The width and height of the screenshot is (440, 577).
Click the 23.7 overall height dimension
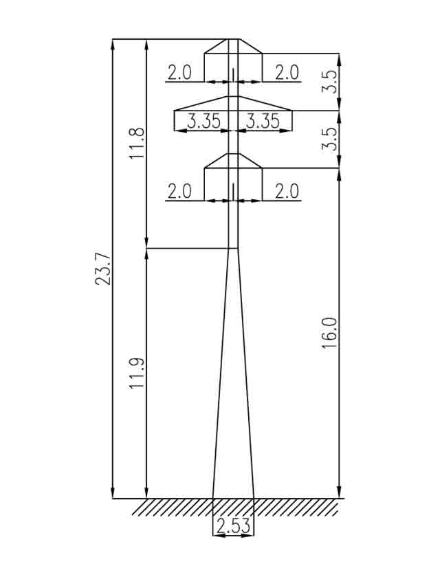click(x=104, y=269)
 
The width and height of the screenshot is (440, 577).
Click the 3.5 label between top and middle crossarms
click(x=331, y=82)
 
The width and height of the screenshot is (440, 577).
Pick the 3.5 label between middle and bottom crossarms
click(x=331, y=139)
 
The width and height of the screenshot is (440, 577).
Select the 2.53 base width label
click(x=233, y=527)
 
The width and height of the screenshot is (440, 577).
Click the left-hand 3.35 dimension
click(x=204, y=122)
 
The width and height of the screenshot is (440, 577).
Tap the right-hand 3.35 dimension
click(x=263, y=122)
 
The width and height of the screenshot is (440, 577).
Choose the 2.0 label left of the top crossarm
click(x=179, y=73)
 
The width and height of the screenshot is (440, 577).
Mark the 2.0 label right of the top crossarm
click(x=287, y=73)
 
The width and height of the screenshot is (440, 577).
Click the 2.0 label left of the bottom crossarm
click(x=179, y=192)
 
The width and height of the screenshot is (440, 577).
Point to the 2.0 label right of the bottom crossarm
click(x=287, y=192)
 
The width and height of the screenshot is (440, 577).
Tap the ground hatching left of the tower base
click(x=172, y=508)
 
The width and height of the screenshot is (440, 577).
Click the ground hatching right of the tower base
click(x=296, y=508)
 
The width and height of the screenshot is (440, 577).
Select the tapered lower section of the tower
click(x=233, y=378)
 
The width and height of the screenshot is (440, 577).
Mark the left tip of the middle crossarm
click(x=175, y=111)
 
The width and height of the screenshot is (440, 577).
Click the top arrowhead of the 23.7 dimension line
click(x=113, y=43)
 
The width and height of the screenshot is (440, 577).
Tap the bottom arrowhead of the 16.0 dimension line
click(x=340, y=494)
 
